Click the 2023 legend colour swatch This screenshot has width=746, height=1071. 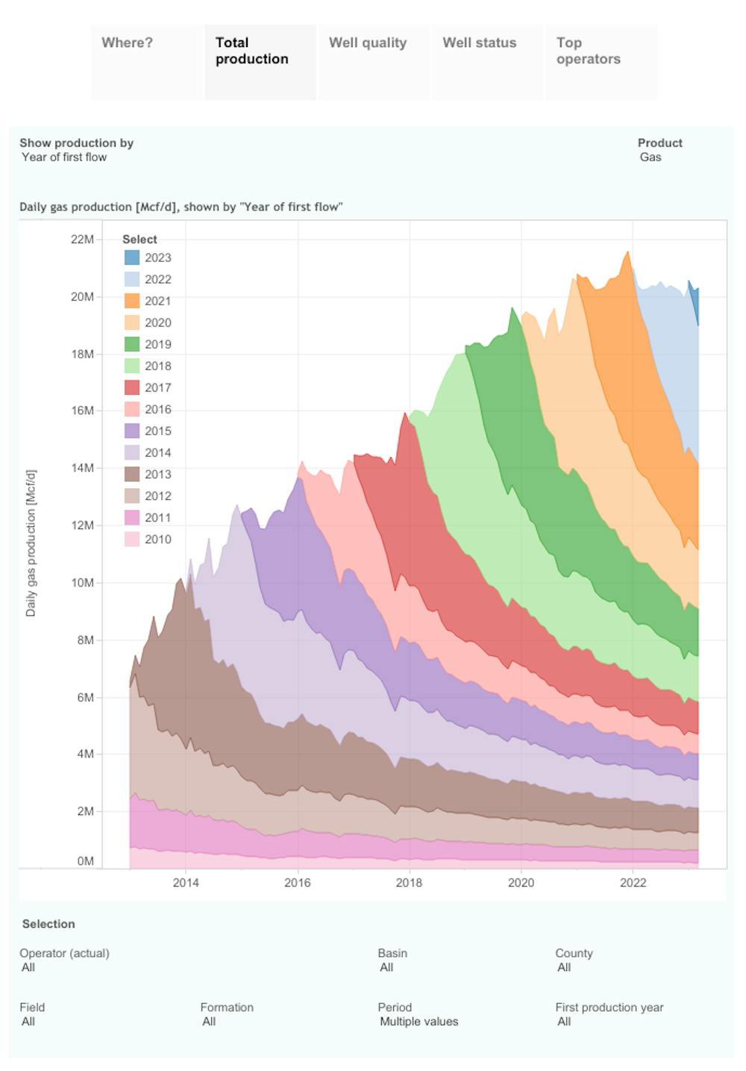coord(131,257)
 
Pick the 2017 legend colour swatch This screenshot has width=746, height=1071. coord(131,387)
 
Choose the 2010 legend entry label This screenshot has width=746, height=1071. coord(157,539)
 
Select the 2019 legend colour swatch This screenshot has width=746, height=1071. coord(131,344)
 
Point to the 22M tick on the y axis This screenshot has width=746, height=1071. coord(82,240)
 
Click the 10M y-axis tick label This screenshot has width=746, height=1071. coord(82,583)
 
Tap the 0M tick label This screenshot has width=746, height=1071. coord(85,861)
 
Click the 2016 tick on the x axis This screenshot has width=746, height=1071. coord(298,882)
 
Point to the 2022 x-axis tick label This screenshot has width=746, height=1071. coord(633,882)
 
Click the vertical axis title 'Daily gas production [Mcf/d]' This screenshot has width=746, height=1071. coord(31,543)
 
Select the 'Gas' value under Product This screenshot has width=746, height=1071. coord(651,157)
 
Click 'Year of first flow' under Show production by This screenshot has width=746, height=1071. coord(64,157)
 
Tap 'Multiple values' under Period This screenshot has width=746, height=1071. coord(419,1022)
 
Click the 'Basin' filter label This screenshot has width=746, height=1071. coord(392,953)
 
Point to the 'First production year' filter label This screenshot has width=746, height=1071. coord(609,1008)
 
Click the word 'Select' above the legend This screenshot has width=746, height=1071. coord(140,240)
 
